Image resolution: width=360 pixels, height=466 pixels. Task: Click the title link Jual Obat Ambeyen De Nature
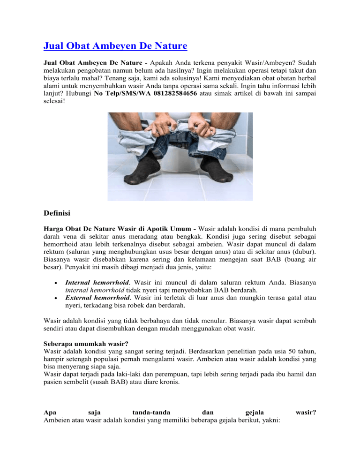(x=115, y=46)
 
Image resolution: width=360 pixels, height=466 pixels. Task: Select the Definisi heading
(x=57, y=214)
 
